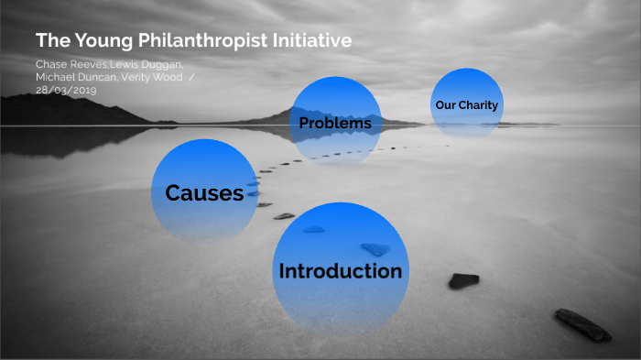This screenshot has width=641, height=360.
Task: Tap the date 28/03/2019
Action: [x=66, y=90]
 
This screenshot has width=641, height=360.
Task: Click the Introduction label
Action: [x=340, y=271]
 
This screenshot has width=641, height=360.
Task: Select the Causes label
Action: [x=204, y=192]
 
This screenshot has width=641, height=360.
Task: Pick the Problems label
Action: [x=335, y=123]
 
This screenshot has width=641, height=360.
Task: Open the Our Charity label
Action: [x=467, y=105]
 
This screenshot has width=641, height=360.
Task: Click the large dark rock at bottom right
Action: [x=582, y=324]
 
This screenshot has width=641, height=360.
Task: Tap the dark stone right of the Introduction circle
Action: [x=463, y=280]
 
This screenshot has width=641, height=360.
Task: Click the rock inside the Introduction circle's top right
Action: [x=375, y=248]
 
